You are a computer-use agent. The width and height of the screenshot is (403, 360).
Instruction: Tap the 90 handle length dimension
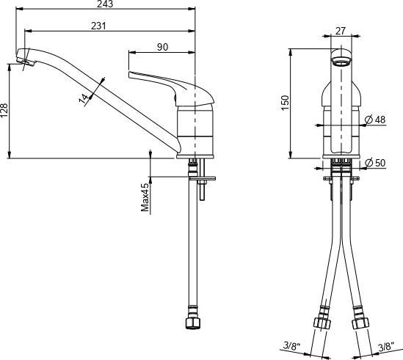click(163, 47)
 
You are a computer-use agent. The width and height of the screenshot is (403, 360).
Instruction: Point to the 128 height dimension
click(5, 110)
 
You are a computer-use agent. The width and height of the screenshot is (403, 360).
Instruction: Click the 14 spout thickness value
click(85, 96)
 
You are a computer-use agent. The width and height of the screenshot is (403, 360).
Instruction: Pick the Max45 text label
click(145, 197)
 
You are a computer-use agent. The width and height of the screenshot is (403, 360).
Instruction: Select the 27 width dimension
click(340, 32)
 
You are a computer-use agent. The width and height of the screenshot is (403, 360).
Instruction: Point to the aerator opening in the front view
click(340, 60)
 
